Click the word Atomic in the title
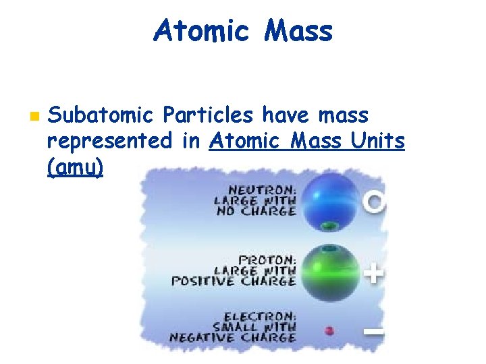click(x=201, y=31)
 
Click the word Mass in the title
click(x=298, y=31)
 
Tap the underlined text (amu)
click(x=76, y=167)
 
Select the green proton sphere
click(x=330, y=272)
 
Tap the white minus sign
click(x=374, y=331)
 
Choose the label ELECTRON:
click(x=260, y=316)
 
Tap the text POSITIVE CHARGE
click(x=234, y=280)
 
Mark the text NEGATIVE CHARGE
click(x=234, y=337)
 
